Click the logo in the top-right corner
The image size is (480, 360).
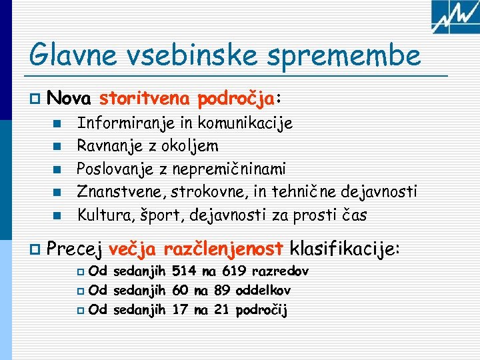455,17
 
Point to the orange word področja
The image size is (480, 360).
236,100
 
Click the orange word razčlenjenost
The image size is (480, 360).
223,250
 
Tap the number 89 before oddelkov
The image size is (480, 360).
224,290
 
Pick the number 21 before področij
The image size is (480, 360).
223,309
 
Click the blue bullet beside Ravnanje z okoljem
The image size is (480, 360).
58,146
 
